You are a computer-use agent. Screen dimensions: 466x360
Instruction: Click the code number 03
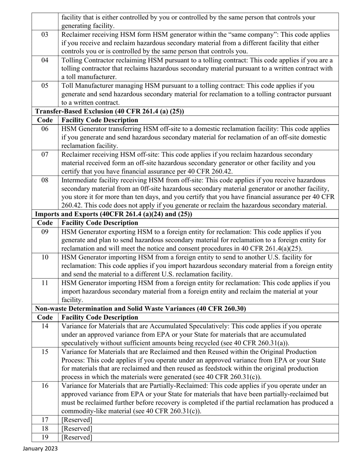pos(45,34)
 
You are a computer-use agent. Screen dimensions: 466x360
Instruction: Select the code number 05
pos(45,86)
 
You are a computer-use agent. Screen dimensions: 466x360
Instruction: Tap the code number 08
pos(45,180)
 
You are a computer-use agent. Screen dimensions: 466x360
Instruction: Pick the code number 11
pos(45,283)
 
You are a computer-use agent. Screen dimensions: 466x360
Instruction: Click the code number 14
pos(45,326)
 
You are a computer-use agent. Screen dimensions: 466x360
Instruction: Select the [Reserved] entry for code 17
pos(77,420)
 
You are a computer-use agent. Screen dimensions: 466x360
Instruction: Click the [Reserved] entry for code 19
pos(77,437)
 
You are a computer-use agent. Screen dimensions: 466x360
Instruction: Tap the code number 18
pos(45,428)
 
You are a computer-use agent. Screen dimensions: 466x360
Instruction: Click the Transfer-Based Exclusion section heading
pos(110,111)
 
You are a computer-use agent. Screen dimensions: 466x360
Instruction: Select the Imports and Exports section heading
pos(113,214)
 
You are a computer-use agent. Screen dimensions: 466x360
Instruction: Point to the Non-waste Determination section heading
pos(140,309)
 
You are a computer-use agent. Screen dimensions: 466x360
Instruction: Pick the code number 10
pos(45,257)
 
